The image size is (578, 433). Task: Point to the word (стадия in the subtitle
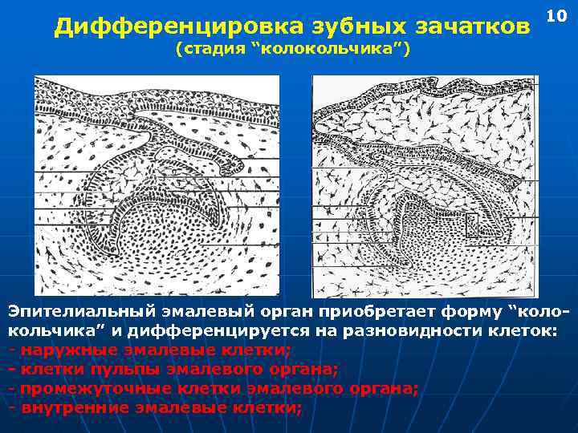(210, 50)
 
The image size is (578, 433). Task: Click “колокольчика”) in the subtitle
(331, 50)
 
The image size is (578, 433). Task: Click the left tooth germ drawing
(157, 185)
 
